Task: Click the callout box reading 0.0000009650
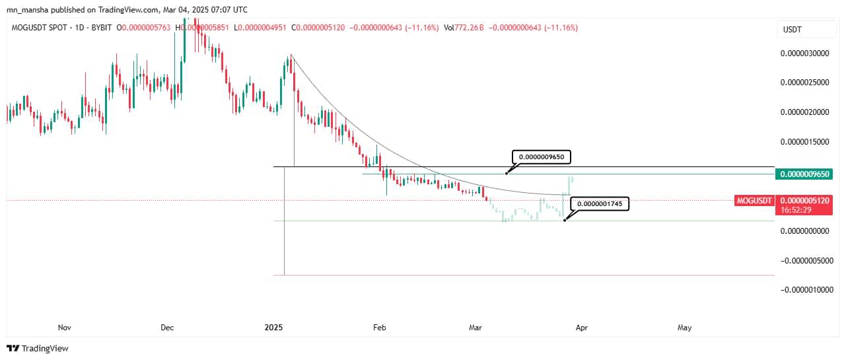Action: point(542,157)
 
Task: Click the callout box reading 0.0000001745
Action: point(600,204)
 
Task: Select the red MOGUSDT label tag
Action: point(754,200)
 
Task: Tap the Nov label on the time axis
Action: point(64,327)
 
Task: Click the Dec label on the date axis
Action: point(167,327)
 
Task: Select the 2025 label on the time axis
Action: point(273,327)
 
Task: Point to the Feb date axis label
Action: point(379,327)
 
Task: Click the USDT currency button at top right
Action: point(792,30)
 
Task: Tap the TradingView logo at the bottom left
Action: point(38,348)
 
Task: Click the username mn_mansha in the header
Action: point(28,10)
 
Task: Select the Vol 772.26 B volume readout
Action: point(464,28)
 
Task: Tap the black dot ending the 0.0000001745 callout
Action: point(565,220)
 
